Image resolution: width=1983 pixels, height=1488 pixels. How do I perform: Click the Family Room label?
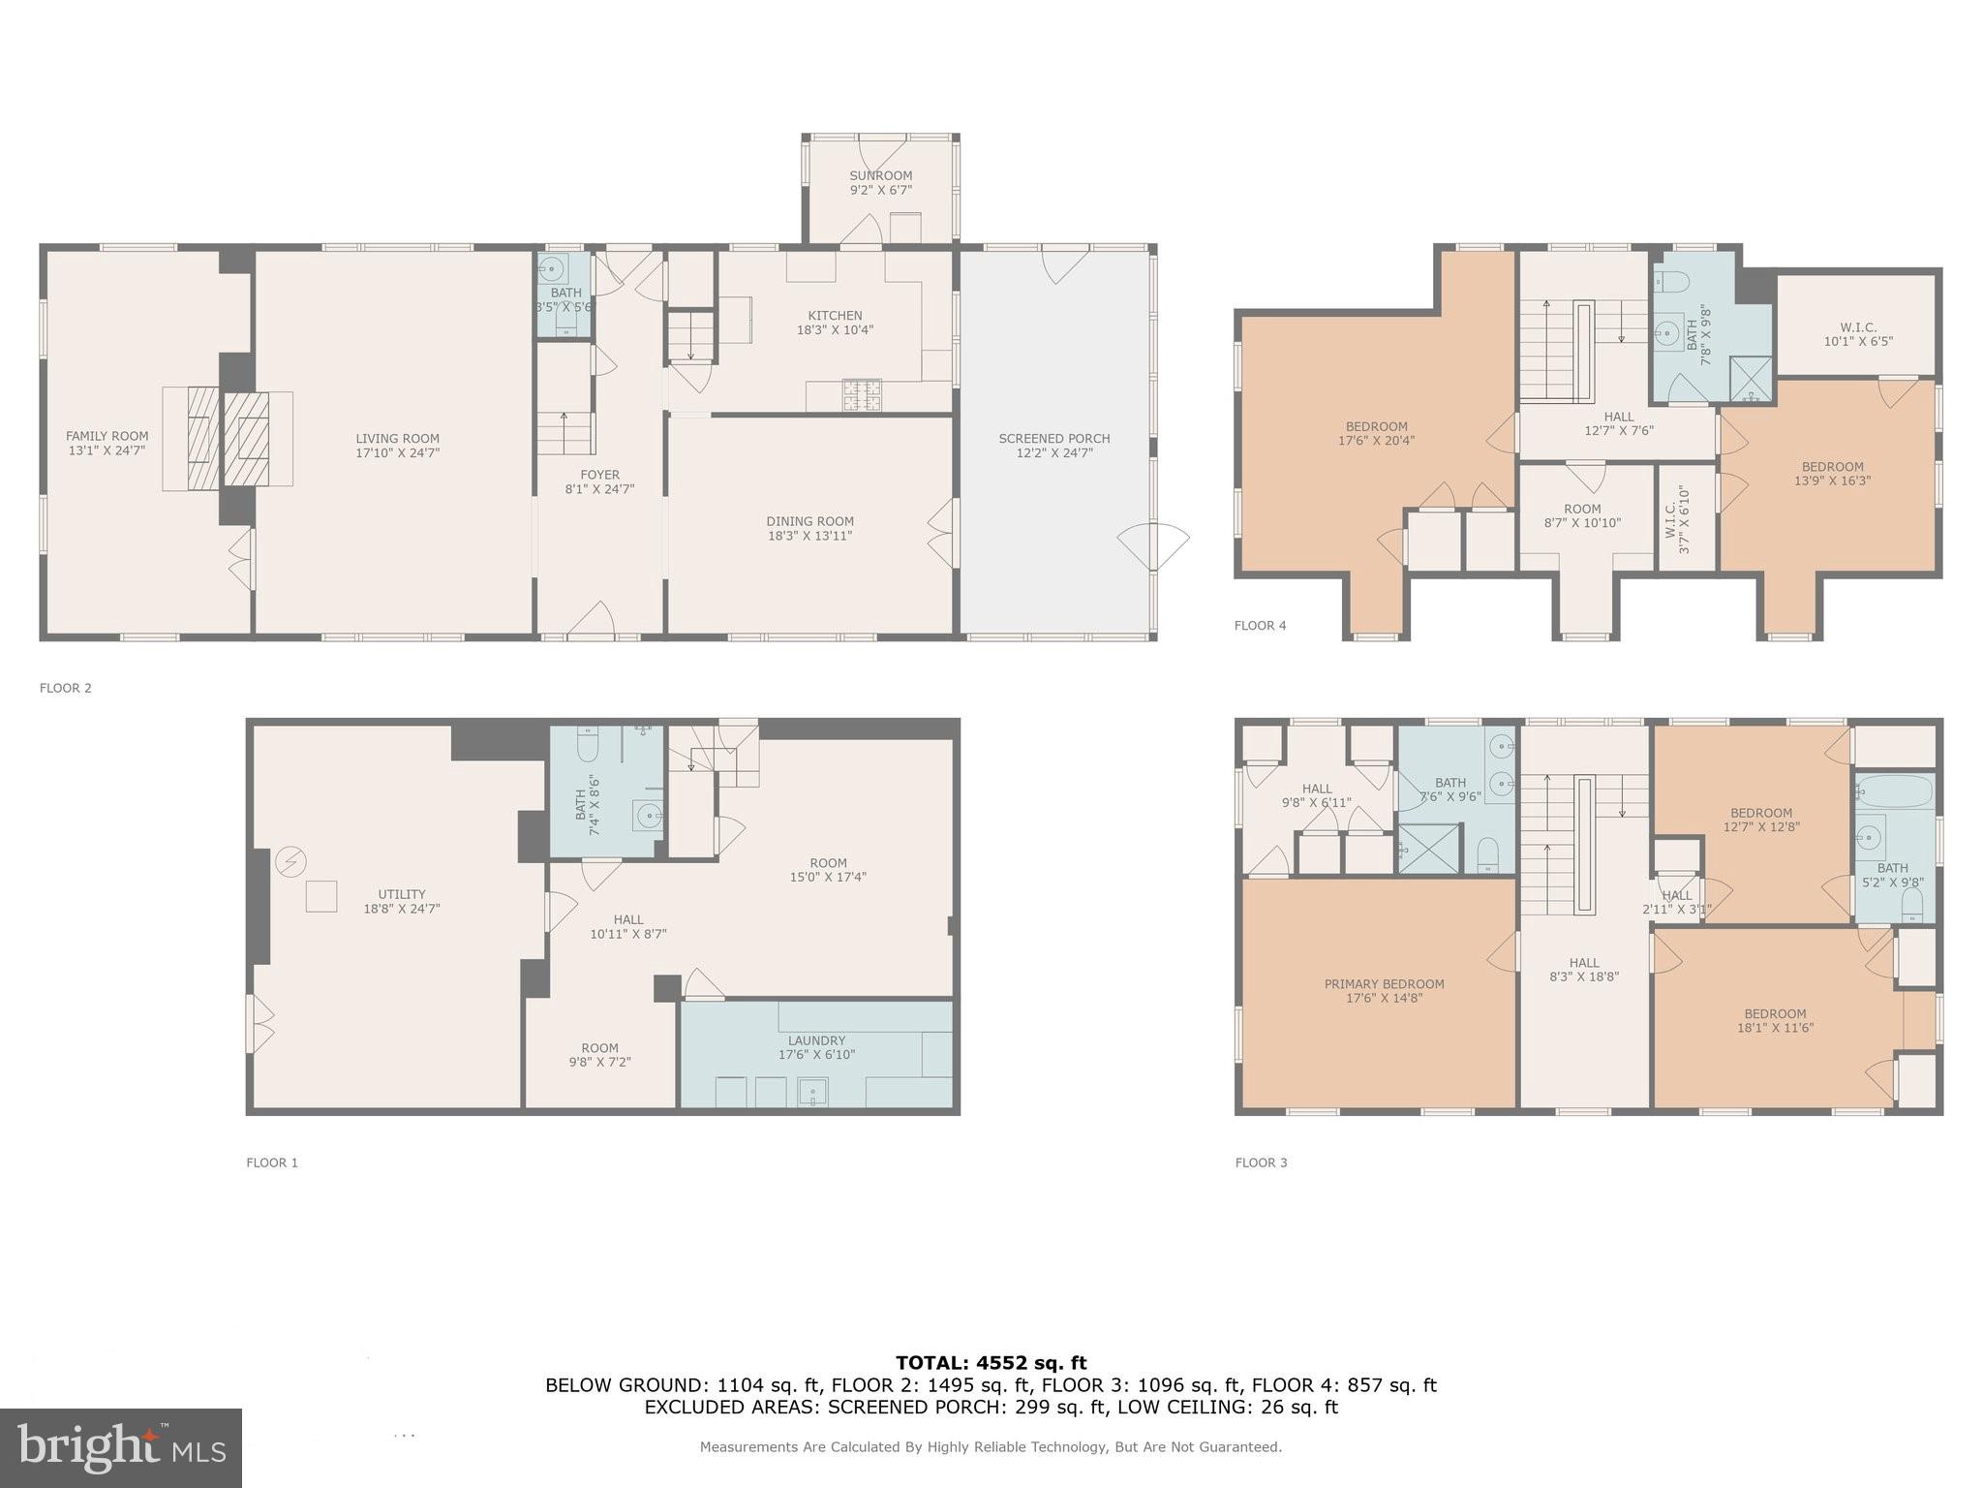107,436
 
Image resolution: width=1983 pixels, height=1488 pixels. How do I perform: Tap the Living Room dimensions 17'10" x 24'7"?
397,452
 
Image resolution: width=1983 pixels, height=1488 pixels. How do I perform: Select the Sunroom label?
880,176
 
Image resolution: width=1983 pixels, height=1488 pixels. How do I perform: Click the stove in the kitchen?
862,394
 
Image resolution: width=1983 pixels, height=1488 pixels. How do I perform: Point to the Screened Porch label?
1053,439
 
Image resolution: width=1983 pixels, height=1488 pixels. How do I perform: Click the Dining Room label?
809,521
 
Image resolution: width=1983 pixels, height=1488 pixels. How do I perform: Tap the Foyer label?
599,475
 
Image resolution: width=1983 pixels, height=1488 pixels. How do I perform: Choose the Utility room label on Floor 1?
402,894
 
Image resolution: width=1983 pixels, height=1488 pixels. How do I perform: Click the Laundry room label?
816,1040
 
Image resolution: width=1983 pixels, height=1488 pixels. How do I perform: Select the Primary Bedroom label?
1384,983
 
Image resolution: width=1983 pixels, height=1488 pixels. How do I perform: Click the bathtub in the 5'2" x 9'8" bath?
1895,791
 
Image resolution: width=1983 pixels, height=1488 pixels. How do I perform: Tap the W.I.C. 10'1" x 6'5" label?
1857,328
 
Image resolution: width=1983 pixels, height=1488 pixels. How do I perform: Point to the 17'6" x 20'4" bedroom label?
1376,426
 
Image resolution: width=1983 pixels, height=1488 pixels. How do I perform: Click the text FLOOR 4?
1260,626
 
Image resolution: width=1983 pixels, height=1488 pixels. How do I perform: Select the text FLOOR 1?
272,1162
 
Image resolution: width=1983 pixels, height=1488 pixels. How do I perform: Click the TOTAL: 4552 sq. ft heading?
991,1363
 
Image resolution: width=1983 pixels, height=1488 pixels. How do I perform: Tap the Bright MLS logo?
121,1447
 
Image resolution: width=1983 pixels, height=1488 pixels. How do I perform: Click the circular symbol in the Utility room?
290,860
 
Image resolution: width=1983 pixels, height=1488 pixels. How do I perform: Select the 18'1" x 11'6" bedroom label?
1775,1014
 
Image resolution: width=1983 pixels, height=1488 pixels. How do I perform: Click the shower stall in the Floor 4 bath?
1751,380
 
